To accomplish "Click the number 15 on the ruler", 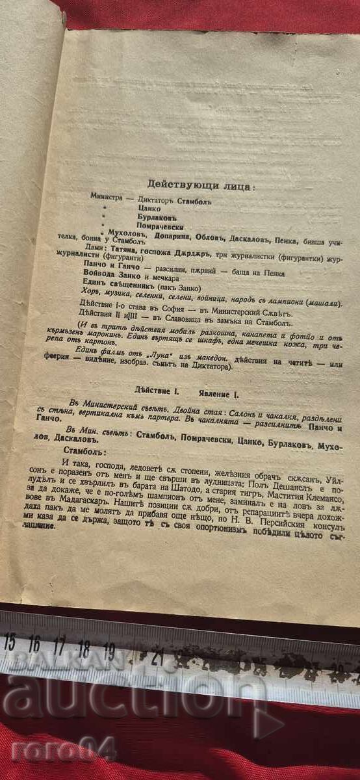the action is (9, 642).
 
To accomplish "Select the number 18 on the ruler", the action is (83, 647).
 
